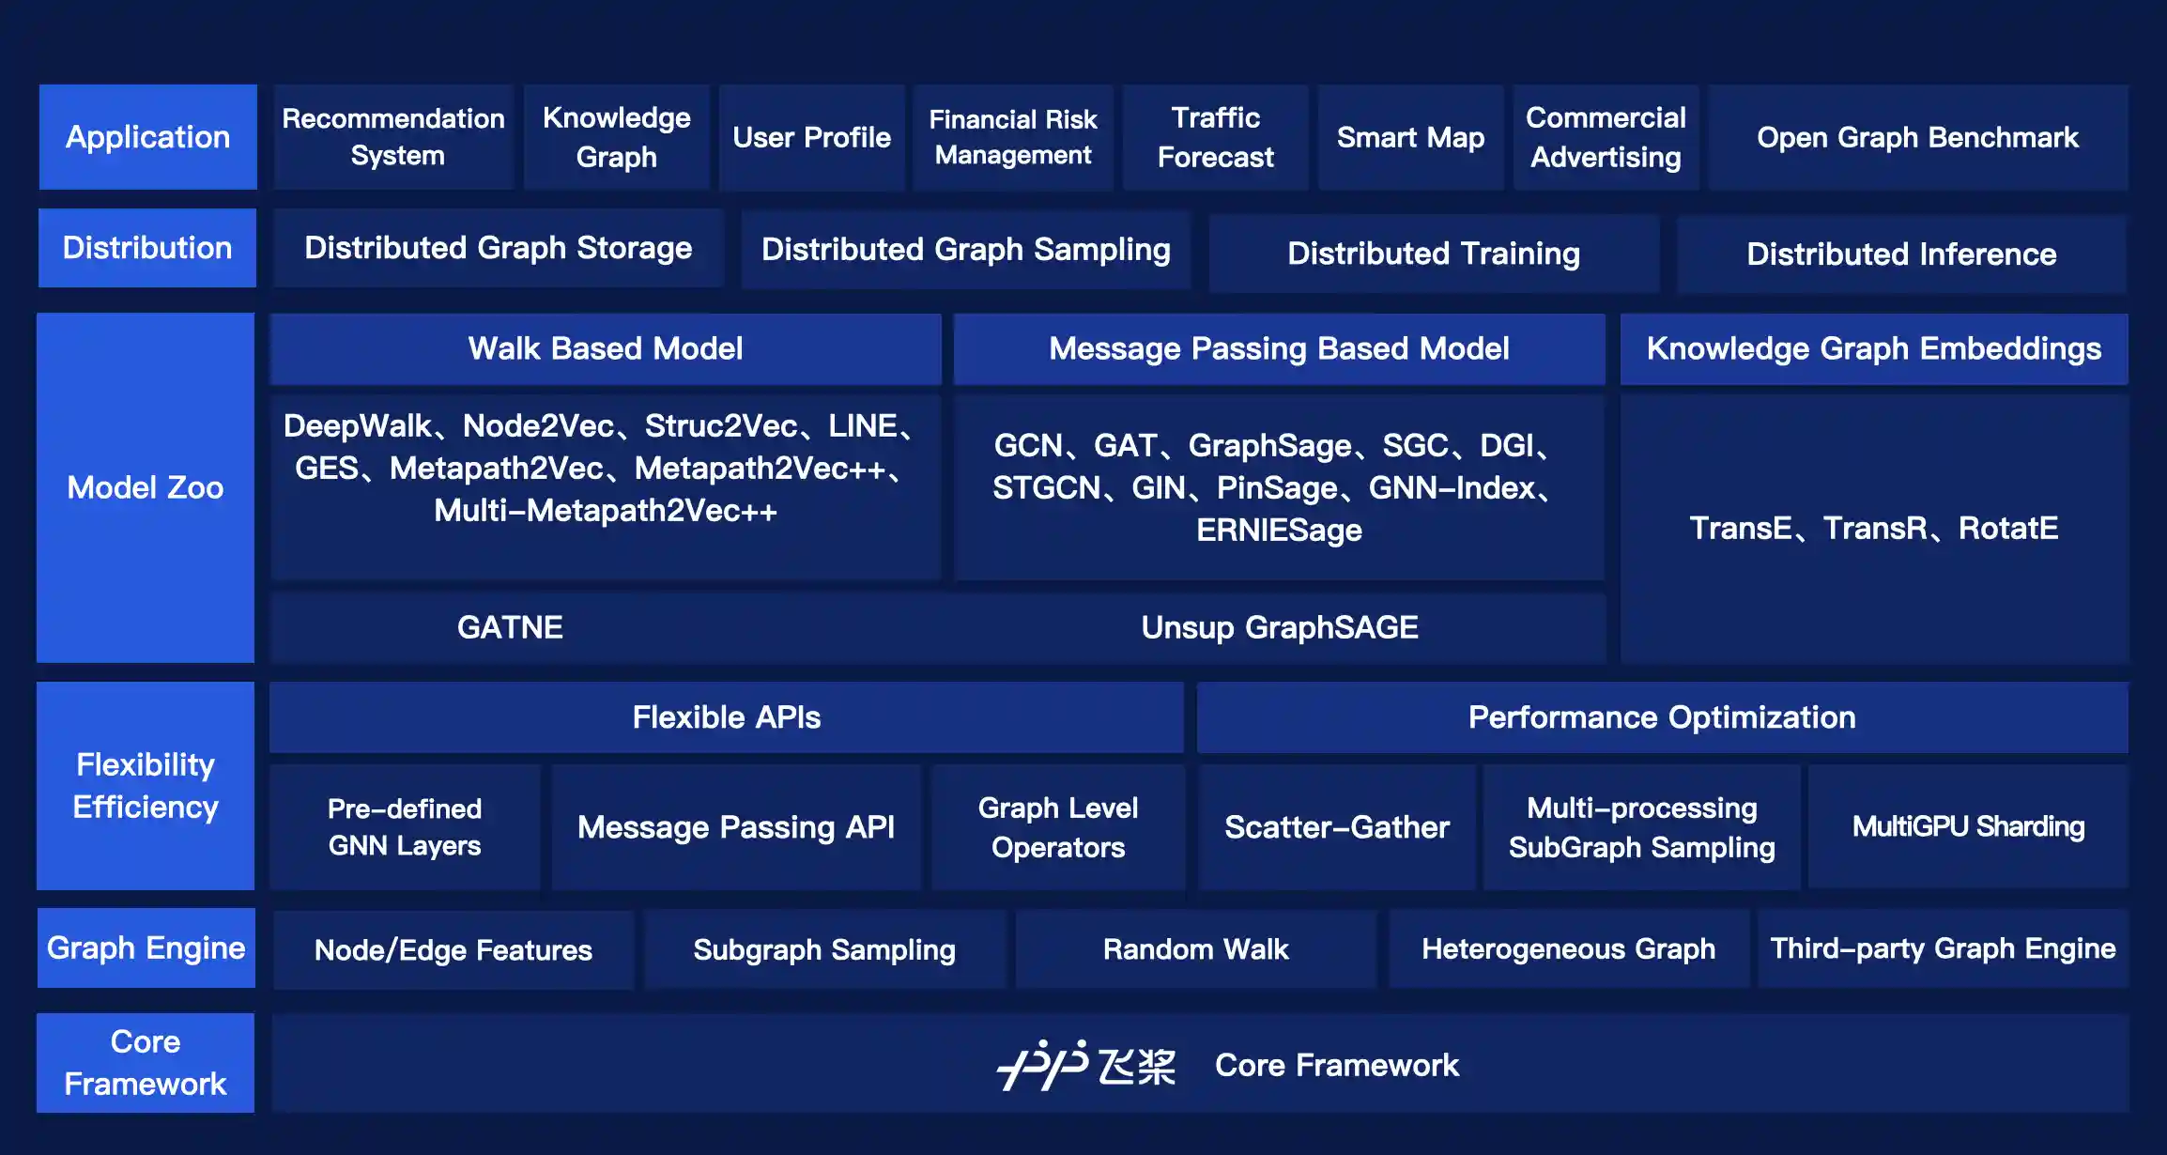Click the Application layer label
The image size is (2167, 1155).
(147, 137)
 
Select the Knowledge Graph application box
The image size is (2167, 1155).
(616, 137)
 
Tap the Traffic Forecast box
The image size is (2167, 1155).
(1215, 137)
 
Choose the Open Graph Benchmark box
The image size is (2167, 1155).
(1917, 137)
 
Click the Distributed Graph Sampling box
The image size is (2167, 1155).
(965, 250)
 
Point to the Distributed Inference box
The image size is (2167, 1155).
(1900, 254)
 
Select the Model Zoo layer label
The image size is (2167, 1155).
(146, 487)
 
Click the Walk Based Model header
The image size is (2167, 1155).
(606, 348)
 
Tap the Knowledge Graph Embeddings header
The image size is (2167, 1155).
(1873, 348)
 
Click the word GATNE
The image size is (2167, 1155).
(510, 627)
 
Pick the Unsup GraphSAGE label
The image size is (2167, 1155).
(1279, 627)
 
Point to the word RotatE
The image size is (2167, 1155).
(2007, 529)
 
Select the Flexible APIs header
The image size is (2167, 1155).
(726, 717)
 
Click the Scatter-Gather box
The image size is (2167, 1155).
(1336, 827)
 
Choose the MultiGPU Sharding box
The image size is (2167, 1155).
(1968, 827)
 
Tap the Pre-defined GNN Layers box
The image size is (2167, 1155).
(405, 827)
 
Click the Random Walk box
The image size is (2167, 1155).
(1195, 949)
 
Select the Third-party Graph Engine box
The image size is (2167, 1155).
(1942, 949)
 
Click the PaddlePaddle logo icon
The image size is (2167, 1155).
(1042, 1065)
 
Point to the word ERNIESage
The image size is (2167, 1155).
(1279, 531)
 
